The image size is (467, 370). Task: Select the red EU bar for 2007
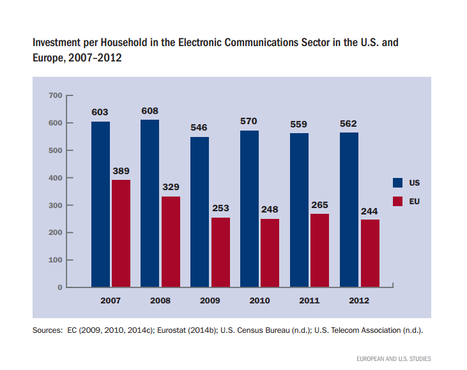pyautogui.click(x=121, y=233)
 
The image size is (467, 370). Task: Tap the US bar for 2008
pyautogui.click(x=150, y=203)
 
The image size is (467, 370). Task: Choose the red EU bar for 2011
pyautogui.click(x=319, y=250)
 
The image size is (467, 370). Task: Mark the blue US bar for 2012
pyautogui.click(x=349, y=209)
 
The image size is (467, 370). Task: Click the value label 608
pyautogui.click(x=150, y=111)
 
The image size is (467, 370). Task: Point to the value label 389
pyautogui.click(x=121, y=171)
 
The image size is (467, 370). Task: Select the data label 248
pyautogui.click(x=270, y=209)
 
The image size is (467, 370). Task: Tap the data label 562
pyautogui.click(x=349, y=124)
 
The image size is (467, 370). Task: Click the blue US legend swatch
pyautogui.click(x=397, y=182)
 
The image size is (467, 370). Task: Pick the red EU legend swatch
pyautogui.click(x=397, y=201)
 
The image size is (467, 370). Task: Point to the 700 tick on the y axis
pyautogui.click(x=55, y=95)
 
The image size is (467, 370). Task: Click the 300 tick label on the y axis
pyautogui.click(x=55, y=205)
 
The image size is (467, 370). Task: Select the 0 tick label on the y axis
pyautogui.click(x=60, y=287)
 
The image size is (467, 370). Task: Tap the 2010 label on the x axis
pyautogui.click(x=259, y=300)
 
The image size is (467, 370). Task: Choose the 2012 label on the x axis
pyautogui.click(x=359, y=300)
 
